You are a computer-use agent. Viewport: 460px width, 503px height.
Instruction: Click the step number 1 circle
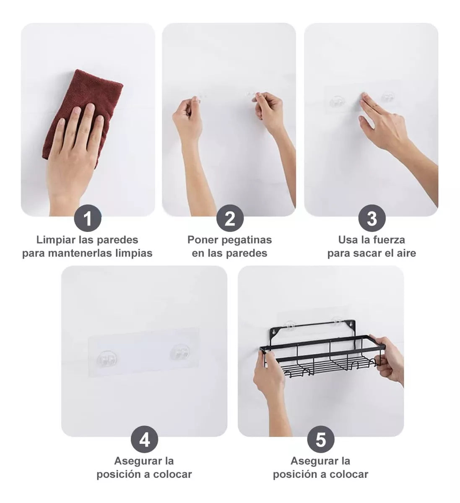tap(88, 218)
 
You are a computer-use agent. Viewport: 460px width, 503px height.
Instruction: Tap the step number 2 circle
tap(230, 218)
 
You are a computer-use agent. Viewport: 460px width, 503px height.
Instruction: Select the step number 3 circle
tap(372, 218)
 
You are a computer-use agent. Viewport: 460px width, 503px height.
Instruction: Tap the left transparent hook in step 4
tap(107, 358)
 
